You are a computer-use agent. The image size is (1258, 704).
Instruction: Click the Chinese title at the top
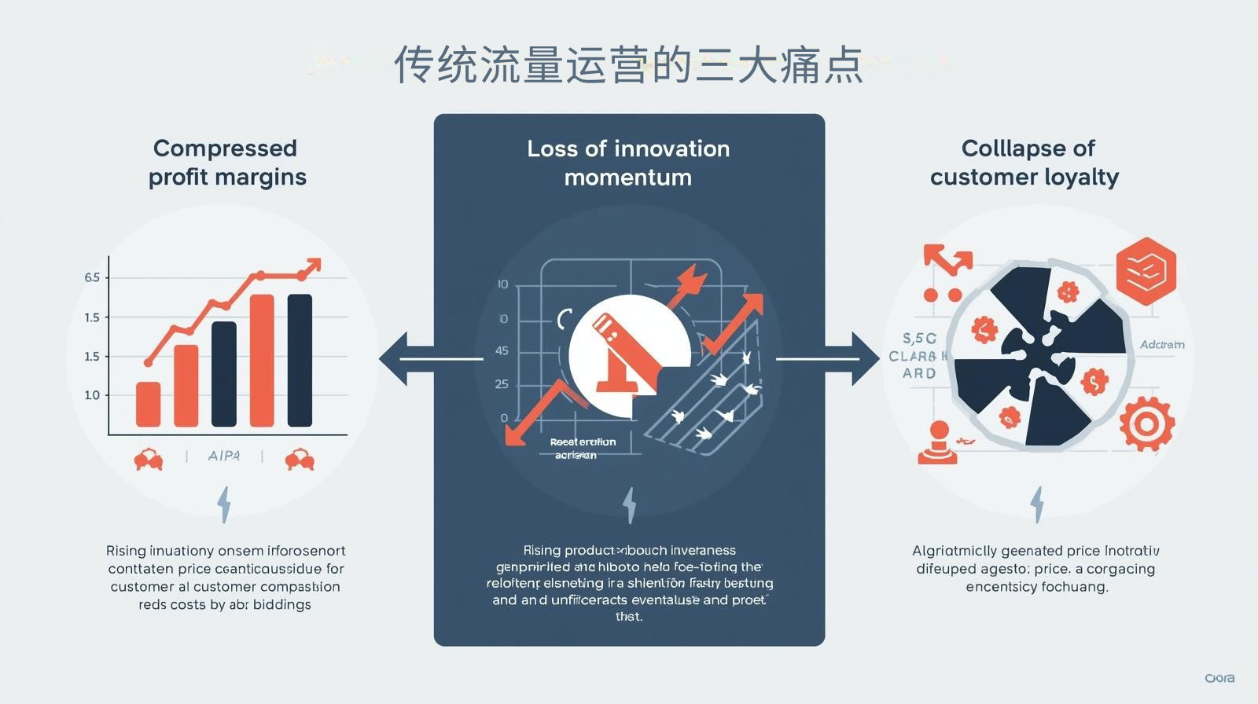click(628, 65)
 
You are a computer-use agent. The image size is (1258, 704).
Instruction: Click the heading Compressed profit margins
click(226, 163)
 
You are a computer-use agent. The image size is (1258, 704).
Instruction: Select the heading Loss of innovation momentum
click(628, 163)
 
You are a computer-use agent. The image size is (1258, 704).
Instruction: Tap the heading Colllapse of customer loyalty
click(1024, 163)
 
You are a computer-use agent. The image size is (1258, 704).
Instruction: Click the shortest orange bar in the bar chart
click(148, 404)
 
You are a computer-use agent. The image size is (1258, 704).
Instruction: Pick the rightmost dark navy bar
click(300, 360)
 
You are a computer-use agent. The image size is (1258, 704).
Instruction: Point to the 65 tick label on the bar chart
click(92, 277)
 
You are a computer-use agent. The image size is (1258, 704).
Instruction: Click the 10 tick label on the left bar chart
click(92, 394)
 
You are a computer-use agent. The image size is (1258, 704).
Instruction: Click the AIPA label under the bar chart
click(223, 456)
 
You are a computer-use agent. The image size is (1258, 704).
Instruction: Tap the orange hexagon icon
click(1146, 271)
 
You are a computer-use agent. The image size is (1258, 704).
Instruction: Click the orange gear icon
click(1146, 425)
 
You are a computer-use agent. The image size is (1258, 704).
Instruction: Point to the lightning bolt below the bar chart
click(224, 504)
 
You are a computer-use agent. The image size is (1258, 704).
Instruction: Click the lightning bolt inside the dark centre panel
click(629, 504)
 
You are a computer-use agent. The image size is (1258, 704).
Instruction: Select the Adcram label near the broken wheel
click(1162, 345)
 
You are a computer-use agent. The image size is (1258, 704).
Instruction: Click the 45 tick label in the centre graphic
click(502, 350)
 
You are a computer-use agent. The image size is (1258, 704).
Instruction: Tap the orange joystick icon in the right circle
click(938, 442)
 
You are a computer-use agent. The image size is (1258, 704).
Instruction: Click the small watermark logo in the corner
click(1219, 678)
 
